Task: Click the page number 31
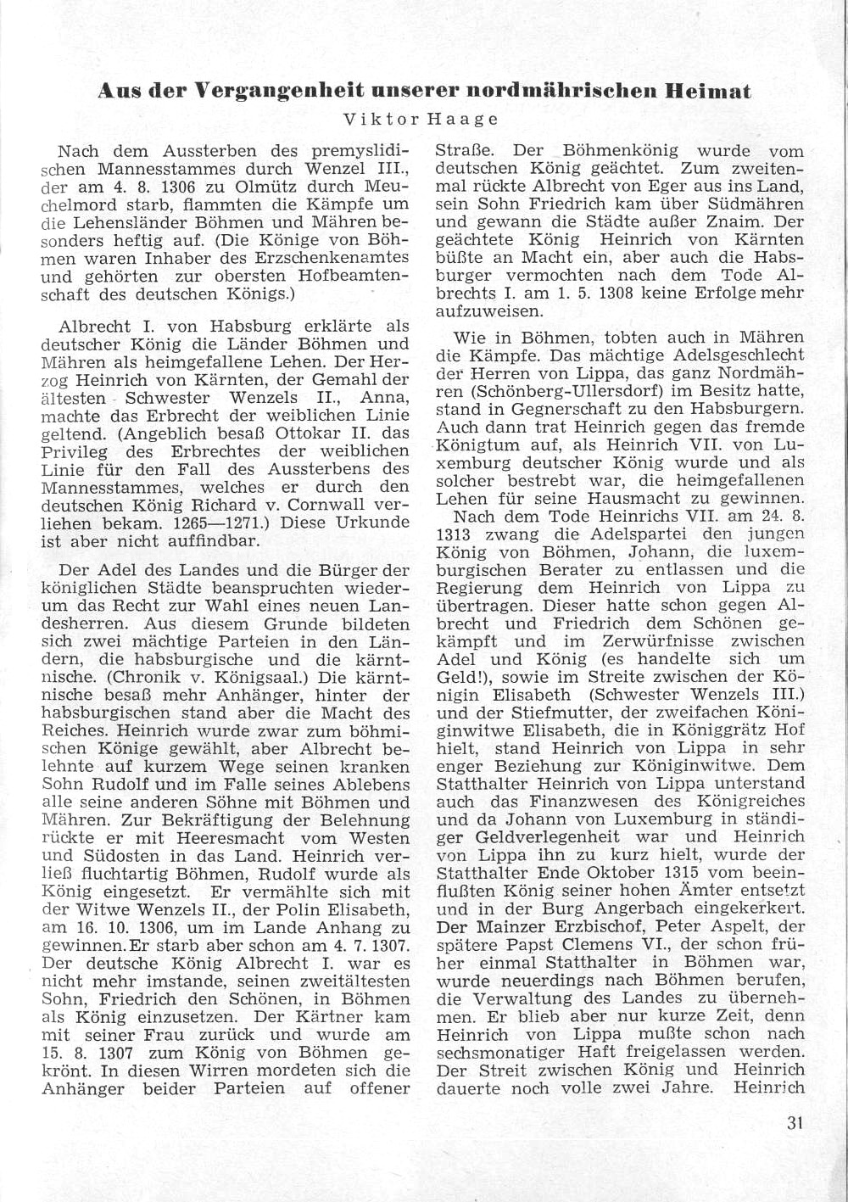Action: click(x=795, y=1123)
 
